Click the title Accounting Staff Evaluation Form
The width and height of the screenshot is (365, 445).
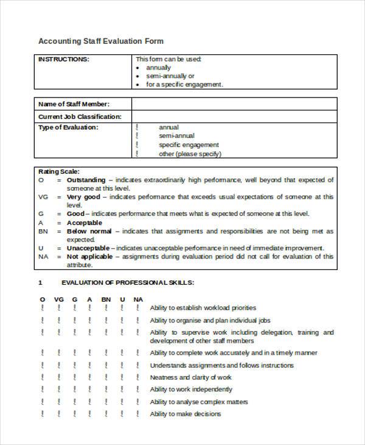101,41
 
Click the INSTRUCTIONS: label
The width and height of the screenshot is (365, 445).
64,59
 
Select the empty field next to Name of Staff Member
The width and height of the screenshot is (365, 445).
234,104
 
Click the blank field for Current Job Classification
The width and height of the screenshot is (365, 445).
234,116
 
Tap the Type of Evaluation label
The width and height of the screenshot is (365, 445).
68,127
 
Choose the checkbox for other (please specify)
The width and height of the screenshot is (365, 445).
137,154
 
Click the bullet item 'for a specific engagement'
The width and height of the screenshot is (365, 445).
184,85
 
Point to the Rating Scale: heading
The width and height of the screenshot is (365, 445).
59,172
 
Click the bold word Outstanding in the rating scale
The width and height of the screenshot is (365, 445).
86,180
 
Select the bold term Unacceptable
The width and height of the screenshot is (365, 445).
88,248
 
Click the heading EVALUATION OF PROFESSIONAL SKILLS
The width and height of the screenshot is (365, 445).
128,283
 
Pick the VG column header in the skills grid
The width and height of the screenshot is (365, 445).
58,299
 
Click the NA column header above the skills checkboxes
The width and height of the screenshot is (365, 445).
138,299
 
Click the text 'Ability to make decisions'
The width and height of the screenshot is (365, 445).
185,414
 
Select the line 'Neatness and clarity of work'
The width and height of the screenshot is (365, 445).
191,377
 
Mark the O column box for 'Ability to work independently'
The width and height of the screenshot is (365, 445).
43,390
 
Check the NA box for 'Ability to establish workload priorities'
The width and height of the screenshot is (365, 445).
137,308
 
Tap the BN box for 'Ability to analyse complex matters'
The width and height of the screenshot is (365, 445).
106,402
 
